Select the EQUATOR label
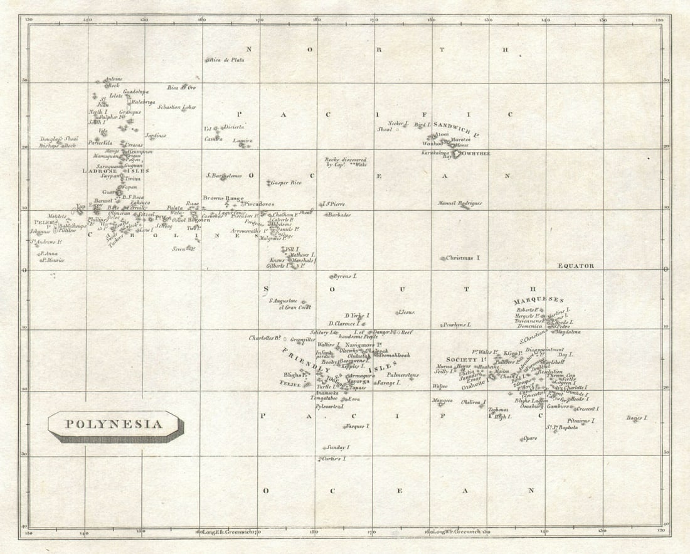576,266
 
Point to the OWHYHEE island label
476,153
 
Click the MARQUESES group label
538,301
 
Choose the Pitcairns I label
581,421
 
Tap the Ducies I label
637,417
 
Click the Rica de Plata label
226,60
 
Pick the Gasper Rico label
286,183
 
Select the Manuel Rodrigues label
460,203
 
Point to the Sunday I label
337,447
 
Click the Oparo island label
529,438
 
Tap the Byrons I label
344,276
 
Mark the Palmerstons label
403,375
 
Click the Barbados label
339,215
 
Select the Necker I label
398,123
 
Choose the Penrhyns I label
456,325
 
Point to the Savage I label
388,382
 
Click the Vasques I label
356,426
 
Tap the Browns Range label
223,198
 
